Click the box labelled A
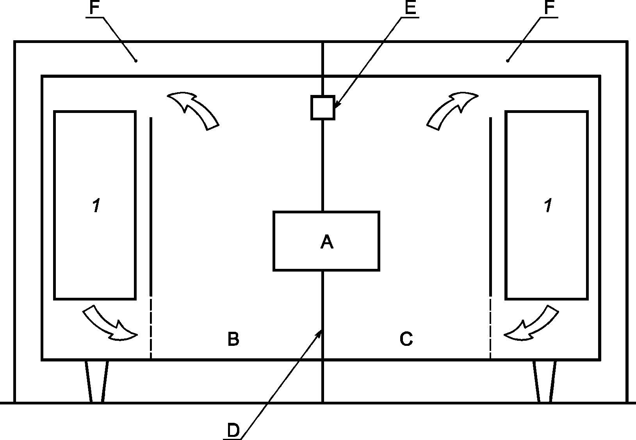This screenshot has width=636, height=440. [326, 241]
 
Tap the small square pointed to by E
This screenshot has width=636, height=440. [322, 107]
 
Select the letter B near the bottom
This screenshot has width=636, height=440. [233, 339]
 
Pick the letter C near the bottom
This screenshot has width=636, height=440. [406, 339]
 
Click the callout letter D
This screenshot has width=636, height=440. [233, 431]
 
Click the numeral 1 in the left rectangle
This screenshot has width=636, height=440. [96, 206]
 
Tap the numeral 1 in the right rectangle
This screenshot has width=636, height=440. [548, 206]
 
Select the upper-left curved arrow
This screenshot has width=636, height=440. [193, 109]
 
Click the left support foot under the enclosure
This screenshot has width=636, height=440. [96, 381]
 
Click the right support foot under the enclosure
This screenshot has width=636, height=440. [545, 381]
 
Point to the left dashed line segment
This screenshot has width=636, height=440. [151, 328]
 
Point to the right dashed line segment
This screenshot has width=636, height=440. [490, 328]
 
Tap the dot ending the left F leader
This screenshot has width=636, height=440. [135, 61]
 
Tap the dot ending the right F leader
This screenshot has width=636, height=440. [508, 61]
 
